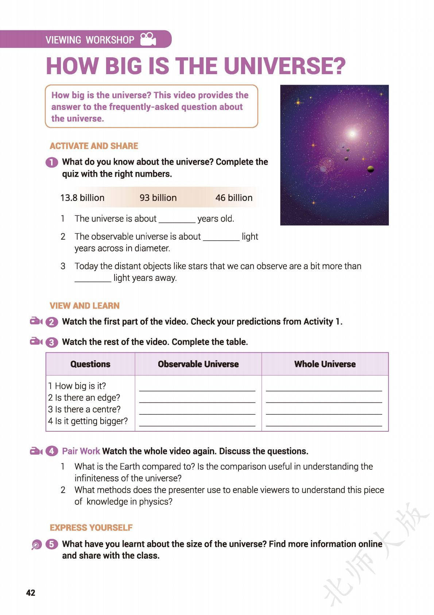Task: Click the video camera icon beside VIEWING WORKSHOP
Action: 148,39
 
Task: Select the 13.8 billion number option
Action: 82,198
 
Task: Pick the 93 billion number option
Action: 158,198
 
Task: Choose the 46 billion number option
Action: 234,198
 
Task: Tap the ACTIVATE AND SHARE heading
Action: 94,146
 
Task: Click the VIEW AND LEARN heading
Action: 85,306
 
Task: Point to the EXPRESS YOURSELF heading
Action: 91,528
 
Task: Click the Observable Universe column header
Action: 198,364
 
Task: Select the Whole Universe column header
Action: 325,364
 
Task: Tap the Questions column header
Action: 90,364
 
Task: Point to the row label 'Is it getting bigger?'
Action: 88,421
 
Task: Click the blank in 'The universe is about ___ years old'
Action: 177,219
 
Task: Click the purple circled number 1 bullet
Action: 51,162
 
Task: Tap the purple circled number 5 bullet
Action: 51,544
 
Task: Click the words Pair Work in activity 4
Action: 81,451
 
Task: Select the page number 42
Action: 31,592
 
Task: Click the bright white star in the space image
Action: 352,134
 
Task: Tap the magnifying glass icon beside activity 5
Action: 36,545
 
